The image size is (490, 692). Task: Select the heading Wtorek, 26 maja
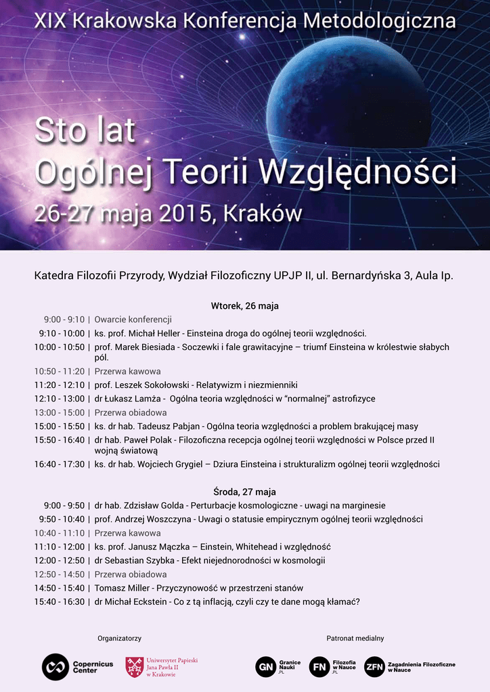click(x=245, y=306)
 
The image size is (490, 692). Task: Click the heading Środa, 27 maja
click(x=245, y=492)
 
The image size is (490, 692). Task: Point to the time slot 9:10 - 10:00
click(x=62, y=333)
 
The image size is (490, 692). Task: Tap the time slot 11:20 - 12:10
click(x=60, y=385)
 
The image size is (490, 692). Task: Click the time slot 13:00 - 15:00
click(x=60, y=412)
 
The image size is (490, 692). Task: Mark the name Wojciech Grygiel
click(x=173, y=464)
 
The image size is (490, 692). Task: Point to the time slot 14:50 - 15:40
click(x=60, y=588)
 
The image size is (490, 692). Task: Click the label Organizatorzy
click(x=119, y=638)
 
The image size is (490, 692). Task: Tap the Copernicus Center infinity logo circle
click(x=55, y=667)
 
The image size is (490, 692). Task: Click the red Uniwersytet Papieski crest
click(x=134, y=667)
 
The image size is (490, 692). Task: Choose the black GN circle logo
click(x=265, y=667)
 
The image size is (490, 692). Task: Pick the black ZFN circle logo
click(x=374, y=667)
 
